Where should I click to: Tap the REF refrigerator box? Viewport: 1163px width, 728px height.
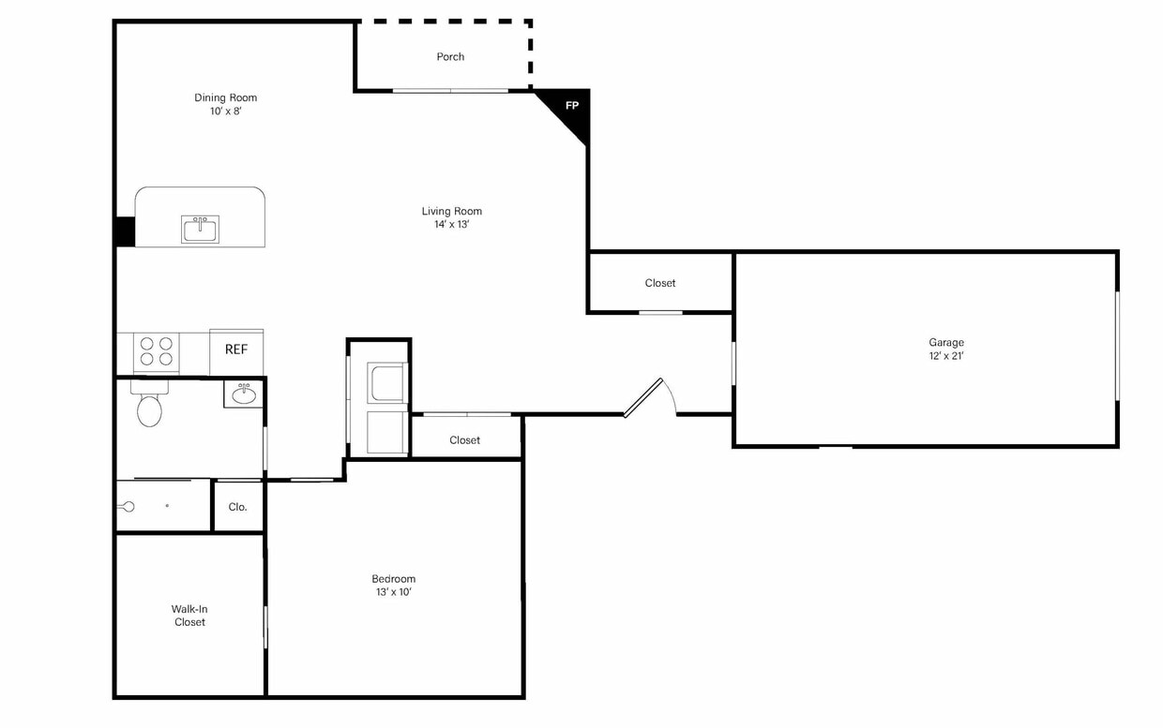pyautogui.click(x=236, y=352)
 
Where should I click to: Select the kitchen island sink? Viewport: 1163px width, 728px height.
pyautogui.click(x=200, y=230)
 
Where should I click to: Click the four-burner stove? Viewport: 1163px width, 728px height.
pyautogui.click(x=157, y=351)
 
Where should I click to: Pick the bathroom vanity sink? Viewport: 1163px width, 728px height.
pyautogui.click(x=244, y=394)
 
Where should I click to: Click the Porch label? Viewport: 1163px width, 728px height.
pyautogui.click(x=450, y=56)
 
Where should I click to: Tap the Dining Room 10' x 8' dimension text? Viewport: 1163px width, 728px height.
pyautogui.click(x=226, y=111)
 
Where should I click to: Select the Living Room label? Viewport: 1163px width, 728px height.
pyautogui.click(x=452, y=211)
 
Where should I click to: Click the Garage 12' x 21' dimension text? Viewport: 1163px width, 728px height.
pyautogui.click(x=946, y=356)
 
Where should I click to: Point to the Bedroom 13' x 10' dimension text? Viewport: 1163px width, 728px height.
pyautogui.click(x=394, y=591)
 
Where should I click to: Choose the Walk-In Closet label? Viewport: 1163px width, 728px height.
pyautogui.click(x=189, y=616)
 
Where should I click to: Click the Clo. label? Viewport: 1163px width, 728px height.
pyautogui.click(x=238, y=507)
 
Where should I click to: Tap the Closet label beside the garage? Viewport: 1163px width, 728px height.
pyautogui.click(x=660, y=283)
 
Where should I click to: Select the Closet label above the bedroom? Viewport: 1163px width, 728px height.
pyautogui.click(x=464, y=440)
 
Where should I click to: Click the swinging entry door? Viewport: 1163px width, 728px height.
pyautogui.click(x=643, y=397)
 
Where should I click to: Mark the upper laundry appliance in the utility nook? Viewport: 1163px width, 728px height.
pyautogui.click(x=386, y=382)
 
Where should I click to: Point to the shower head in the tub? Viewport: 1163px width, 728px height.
pyautogui.click(x=128, y=507)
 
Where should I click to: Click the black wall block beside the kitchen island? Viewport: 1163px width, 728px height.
pyautogui.click(x=125, y=231)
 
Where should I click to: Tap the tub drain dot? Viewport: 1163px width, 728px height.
pyautogui.click(x=167, y=506)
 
